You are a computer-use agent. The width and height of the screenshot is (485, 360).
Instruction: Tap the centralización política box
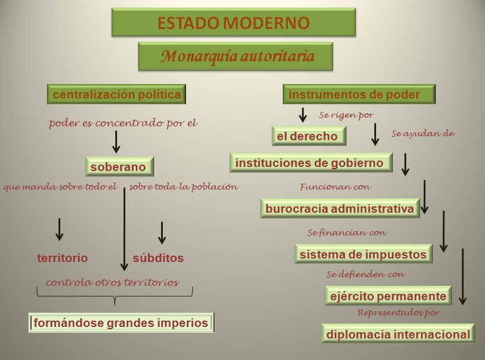click(116, 94)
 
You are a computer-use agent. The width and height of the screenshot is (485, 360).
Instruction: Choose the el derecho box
click(307, 136)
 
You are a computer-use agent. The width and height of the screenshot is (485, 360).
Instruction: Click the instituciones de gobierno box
click(309, 163)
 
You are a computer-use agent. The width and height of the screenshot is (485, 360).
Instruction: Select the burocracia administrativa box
click(340, 209)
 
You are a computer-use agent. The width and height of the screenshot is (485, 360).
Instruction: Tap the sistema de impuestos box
click(363, 254)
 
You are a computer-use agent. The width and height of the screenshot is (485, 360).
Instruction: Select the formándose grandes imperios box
click(122, 323)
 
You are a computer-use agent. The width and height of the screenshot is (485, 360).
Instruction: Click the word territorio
click(63, 258)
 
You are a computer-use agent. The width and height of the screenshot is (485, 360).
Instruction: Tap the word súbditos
click(158, 258)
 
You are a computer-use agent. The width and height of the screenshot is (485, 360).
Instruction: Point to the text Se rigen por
click(347, 115)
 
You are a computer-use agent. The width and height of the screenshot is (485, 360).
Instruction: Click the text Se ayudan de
click(423, 133)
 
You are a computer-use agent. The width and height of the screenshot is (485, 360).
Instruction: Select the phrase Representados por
click(399, 312)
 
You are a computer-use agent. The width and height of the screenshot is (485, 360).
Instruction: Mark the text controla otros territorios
click(112, 282)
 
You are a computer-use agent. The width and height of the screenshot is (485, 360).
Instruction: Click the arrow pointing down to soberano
click(116, 141)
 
